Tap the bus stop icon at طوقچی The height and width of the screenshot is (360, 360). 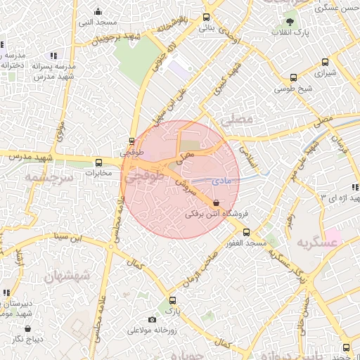[x=132, y=141]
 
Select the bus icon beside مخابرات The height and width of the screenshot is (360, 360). [x=98, y=162]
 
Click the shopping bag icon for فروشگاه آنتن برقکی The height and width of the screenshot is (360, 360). [x=215, y=202]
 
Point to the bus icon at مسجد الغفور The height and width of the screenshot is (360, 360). [x=245, y=232]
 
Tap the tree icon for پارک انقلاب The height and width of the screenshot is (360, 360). [x=290, y=22]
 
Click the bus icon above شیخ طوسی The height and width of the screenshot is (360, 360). [x=294, y=78]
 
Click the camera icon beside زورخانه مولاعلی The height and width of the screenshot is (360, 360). [x=153, y=320]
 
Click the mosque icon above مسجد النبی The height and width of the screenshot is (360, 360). [x=98, y=12]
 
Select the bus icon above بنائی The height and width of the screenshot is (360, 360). [x=206, y=18]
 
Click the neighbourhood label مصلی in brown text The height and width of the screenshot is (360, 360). [x=236, y=120]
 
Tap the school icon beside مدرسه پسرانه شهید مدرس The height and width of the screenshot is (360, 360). [x=53, y=56]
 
